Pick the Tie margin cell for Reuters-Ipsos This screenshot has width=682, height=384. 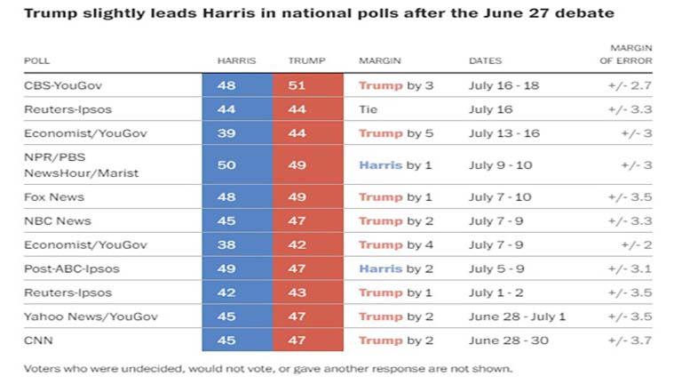[x=369, y=109]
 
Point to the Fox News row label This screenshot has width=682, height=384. [x=53, y=197]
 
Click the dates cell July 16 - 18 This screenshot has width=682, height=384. [x=503, y=86]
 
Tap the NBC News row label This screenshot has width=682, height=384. [x=56, y=221]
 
